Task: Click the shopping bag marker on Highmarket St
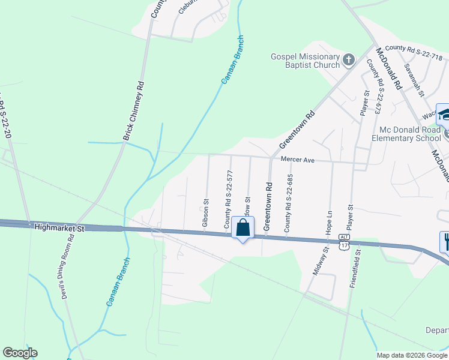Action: point(243,229)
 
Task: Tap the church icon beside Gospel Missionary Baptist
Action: point(349,60)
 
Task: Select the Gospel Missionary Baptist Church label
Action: point(306,61)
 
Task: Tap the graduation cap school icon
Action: point(444,114)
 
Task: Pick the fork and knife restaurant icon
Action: point(445,241)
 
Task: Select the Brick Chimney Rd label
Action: point(134,111)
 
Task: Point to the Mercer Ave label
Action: point(298,160)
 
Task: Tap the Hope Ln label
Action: point(329,222)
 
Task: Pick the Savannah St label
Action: point(414,80)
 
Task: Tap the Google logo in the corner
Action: point(20,353)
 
